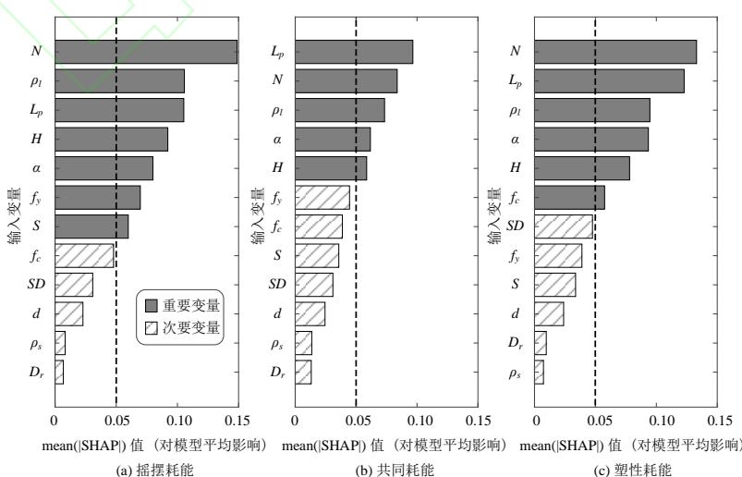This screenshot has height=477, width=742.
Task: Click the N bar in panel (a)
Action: tap(146, 52)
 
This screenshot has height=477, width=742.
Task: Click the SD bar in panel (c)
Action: tap(564, 226)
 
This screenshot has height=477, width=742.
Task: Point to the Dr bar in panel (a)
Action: tap(59, 373)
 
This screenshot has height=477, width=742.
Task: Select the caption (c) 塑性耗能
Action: tap(628, 469)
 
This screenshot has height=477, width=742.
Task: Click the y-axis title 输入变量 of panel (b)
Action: tap(256, 217)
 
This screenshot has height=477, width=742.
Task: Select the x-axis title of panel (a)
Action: tap(154, 446)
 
